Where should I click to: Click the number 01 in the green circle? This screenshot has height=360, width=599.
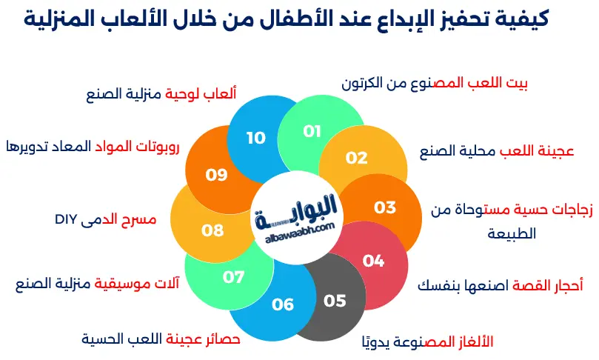(312, 131)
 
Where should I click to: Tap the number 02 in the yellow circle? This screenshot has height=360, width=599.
(357, 157)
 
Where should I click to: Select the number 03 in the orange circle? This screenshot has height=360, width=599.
(385, 207)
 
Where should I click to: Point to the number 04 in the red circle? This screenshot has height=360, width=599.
(374, 261)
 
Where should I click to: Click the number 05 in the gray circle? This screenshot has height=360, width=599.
(335, 300)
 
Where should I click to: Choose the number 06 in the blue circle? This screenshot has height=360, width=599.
(283, 304)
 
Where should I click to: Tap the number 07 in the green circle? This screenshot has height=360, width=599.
(234, 278)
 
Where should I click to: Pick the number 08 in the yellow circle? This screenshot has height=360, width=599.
(213, 230)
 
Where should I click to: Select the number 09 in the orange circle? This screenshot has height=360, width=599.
(216, 176)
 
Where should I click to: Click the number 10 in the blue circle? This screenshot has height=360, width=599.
(256, 138)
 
